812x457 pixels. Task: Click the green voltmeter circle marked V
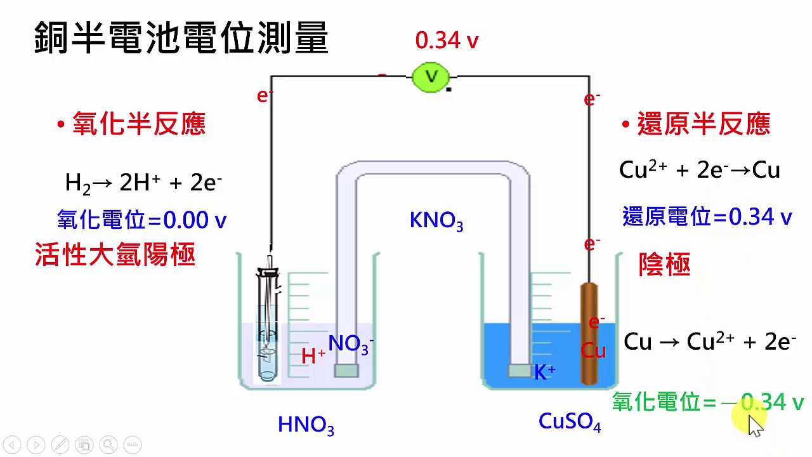click(431, 77)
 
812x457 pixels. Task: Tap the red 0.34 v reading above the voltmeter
click(447, 41)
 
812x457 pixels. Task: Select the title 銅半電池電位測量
click(181, 37)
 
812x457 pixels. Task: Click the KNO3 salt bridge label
click(436, 221)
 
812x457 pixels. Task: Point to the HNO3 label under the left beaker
click(306, 425)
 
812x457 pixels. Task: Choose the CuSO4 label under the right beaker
click(569, 421)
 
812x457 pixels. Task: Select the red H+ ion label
click(313, 356)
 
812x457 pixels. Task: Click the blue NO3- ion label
click(351, 344)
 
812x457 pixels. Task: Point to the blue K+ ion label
click(544, 372)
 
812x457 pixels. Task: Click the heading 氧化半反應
click(139, 124)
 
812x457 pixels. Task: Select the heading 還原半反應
click(703, 124)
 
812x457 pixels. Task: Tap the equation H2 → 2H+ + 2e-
click(143, 183)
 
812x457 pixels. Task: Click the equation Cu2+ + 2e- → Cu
click(699, 170)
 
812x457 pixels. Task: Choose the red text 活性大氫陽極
click(115, 255)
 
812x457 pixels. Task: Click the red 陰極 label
click(664, 265)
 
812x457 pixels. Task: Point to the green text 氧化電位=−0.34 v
click(707, 402)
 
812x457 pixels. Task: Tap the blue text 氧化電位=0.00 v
click(141, 220)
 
